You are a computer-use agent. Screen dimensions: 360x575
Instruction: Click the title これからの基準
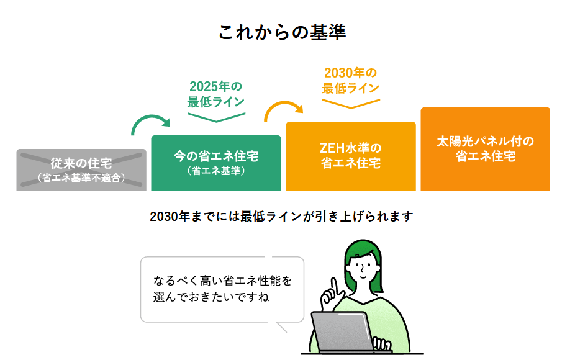[x=282, y=32]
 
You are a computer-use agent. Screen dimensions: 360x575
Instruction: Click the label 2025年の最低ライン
[x=215, y=94]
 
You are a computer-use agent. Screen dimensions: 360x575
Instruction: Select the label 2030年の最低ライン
[x=350, y=80]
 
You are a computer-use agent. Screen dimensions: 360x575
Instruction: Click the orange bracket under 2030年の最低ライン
[x=351, y=102]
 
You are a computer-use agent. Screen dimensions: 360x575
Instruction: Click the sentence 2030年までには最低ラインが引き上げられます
[x=281, y=217]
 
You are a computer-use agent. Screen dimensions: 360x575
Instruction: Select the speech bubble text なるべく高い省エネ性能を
[x=222, y=280]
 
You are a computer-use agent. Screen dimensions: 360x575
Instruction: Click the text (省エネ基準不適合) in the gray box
[x=81, y=178]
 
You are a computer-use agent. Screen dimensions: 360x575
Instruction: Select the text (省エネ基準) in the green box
[x=215, y=170]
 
